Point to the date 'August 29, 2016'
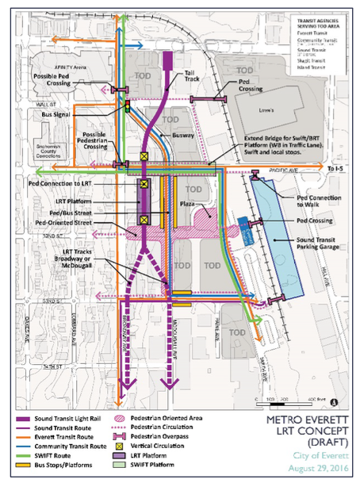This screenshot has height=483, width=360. point(303,470)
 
